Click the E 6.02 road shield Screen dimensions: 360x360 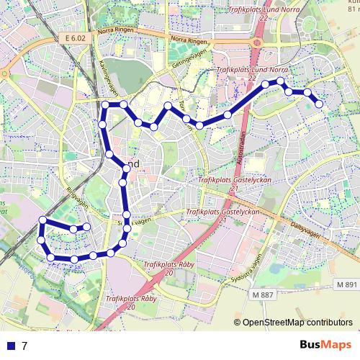[74, 37]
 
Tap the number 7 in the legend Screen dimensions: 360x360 [24, 346]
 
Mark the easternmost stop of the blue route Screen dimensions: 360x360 [320, 107]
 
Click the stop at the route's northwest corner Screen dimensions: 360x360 [105, 106]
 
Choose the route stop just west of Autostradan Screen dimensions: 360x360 [228, 114]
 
